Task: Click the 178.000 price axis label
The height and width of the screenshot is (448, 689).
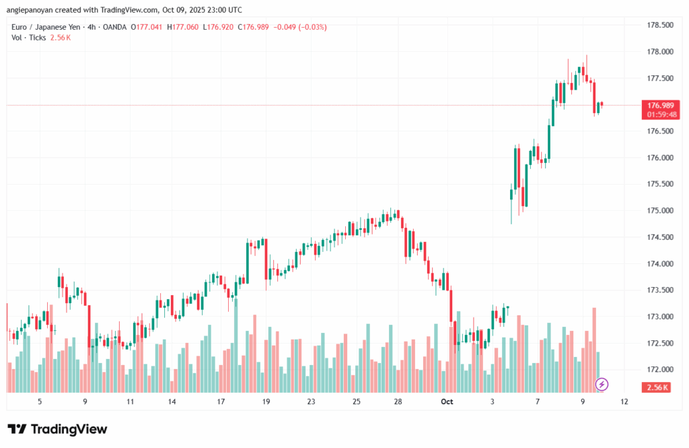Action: coord(659,52)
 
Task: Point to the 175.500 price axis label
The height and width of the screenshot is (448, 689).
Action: coord(659,184)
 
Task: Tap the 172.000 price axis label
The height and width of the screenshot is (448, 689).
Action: coord(659,370)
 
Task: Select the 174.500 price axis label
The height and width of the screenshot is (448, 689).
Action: coord(659,237)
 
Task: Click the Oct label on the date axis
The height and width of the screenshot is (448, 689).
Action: coord(447,402)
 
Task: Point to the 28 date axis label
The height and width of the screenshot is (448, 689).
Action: coord(398,402)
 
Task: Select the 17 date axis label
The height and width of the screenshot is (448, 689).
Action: coord(221,402)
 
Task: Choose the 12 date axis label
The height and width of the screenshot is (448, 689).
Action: coord(625,402)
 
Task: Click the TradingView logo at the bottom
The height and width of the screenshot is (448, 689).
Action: coord(57,429)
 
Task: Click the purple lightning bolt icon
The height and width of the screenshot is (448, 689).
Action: coord(602,384)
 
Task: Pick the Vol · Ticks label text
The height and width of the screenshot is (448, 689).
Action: coord(29,38)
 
